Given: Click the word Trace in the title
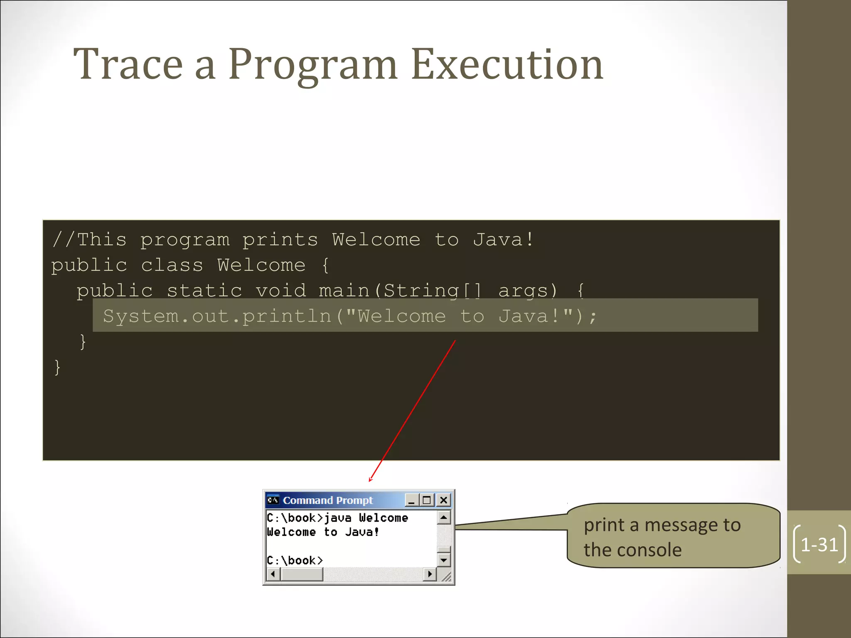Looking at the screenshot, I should (x=128, y=64).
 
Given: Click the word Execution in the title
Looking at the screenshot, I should (x=507, y=64).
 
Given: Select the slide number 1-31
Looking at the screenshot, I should (x=819, y=545).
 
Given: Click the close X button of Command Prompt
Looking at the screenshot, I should (x=443, y=500).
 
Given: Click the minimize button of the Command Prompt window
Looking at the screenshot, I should (x=411, y=500).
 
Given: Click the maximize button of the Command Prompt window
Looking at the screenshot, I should (x=427, y=500).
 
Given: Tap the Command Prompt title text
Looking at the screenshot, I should (x=327, y=500).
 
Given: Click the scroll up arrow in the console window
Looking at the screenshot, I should (x=444, y=518).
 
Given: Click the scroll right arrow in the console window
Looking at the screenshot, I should (x=430, y=574).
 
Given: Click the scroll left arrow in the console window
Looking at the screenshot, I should (x=273, y=574).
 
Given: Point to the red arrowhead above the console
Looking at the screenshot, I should (x=371, y=480).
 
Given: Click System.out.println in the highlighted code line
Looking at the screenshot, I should (x=217, y=317).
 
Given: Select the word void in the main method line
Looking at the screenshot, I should (x=281, y=291).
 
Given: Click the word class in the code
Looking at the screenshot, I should (x=172, y=265).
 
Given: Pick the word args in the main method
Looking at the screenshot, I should (x=527, y=291).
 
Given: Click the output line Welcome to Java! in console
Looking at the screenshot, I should (x=323, y=532).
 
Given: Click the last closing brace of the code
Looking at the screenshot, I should (x=57, y=368).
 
